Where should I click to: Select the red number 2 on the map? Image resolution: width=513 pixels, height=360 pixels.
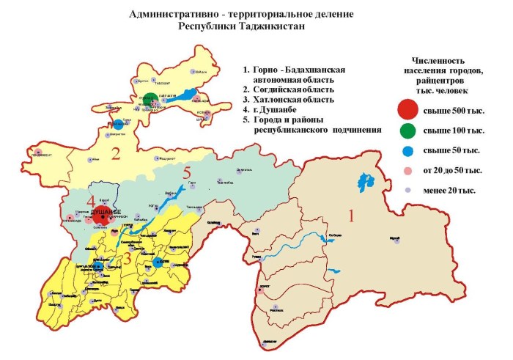click(x=115, y=154)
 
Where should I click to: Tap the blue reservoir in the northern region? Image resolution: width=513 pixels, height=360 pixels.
click(x=190, y=95)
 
